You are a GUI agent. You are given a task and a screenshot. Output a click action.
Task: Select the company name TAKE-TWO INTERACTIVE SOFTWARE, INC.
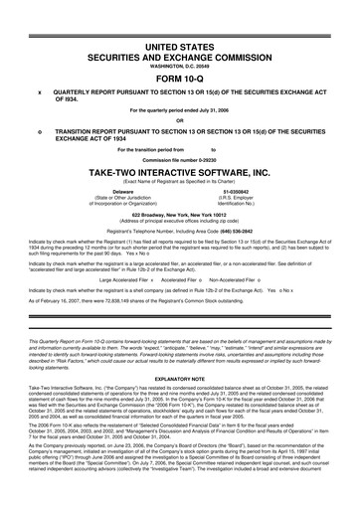click(x=180, y=174)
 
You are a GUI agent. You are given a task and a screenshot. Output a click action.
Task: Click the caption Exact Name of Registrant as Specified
click(x=180, y=183)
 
